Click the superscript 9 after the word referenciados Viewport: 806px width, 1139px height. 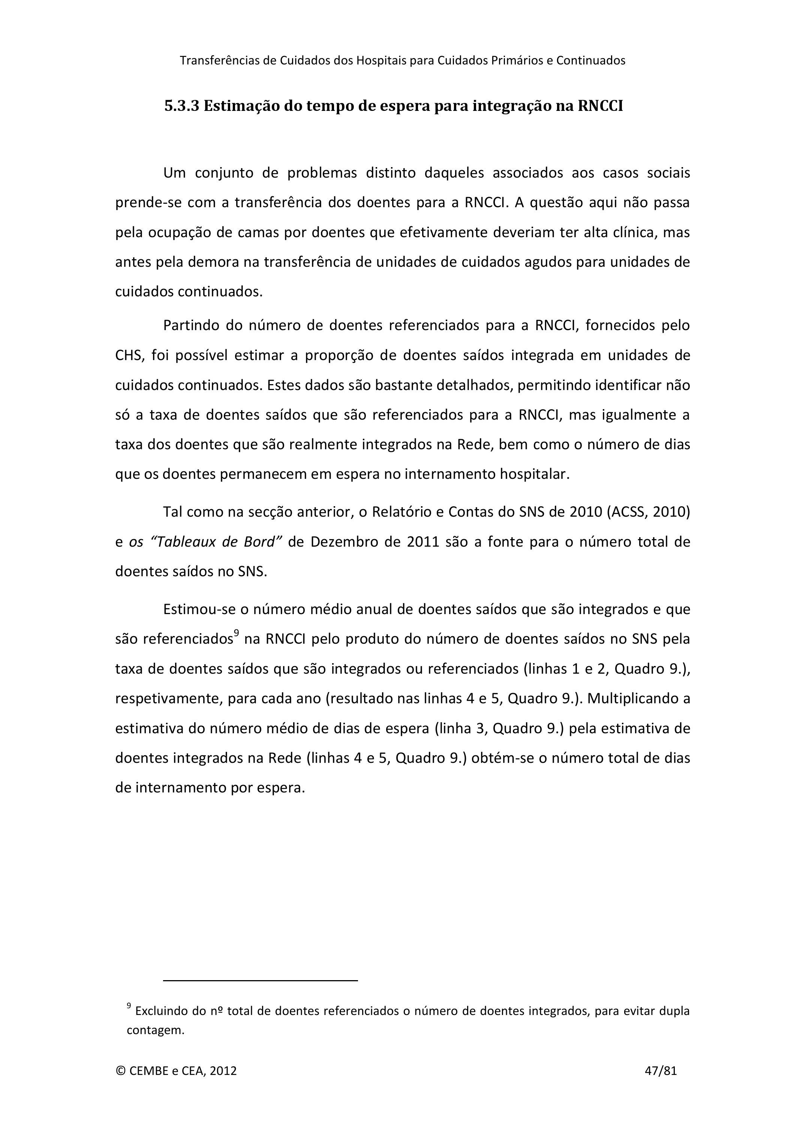point(237,632)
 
